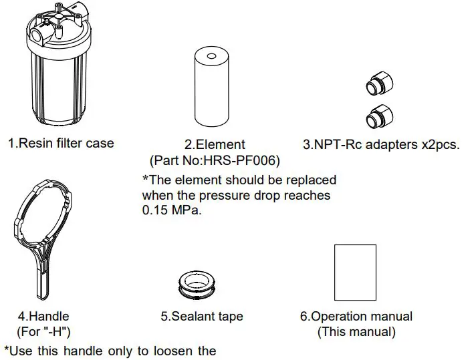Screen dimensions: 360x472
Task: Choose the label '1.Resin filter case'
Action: click(61, 143)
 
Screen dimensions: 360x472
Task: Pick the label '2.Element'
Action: click(215, 144)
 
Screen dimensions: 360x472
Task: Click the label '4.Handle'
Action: click(43, 316)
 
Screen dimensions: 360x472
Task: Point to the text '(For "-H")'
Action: click(43, 331)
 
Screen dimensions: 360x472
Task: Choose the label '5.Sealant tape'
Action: click(202, 317)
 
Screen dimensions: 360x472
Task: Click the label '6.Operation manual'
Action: click(356, 317)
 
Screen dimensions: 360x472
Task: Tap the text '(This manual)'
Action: click(356, 331)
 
